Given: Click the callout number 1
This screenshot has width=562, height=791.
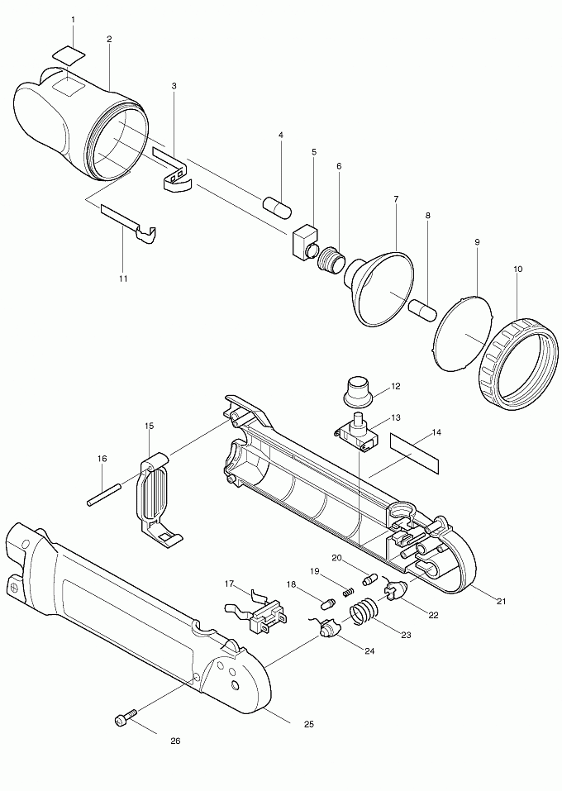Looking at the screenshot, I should pos(73,18).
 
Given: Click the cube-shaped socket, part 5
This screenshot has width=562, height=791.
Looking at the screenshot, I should pos(305,241).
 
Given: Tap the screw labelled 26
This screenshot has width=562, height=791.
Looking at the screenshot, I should pos(122,720).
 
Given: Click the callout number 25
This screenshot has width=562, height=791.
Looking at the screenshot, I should pos(308,725).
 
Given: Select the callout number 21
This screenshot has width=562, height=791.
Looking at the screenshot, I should pos(501,599).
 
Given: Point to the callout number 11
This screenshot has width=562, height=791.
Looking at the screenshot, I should pos(123,279).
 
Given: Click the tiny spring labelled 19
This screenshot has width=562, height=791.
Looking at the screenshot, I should pos(349,591).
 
